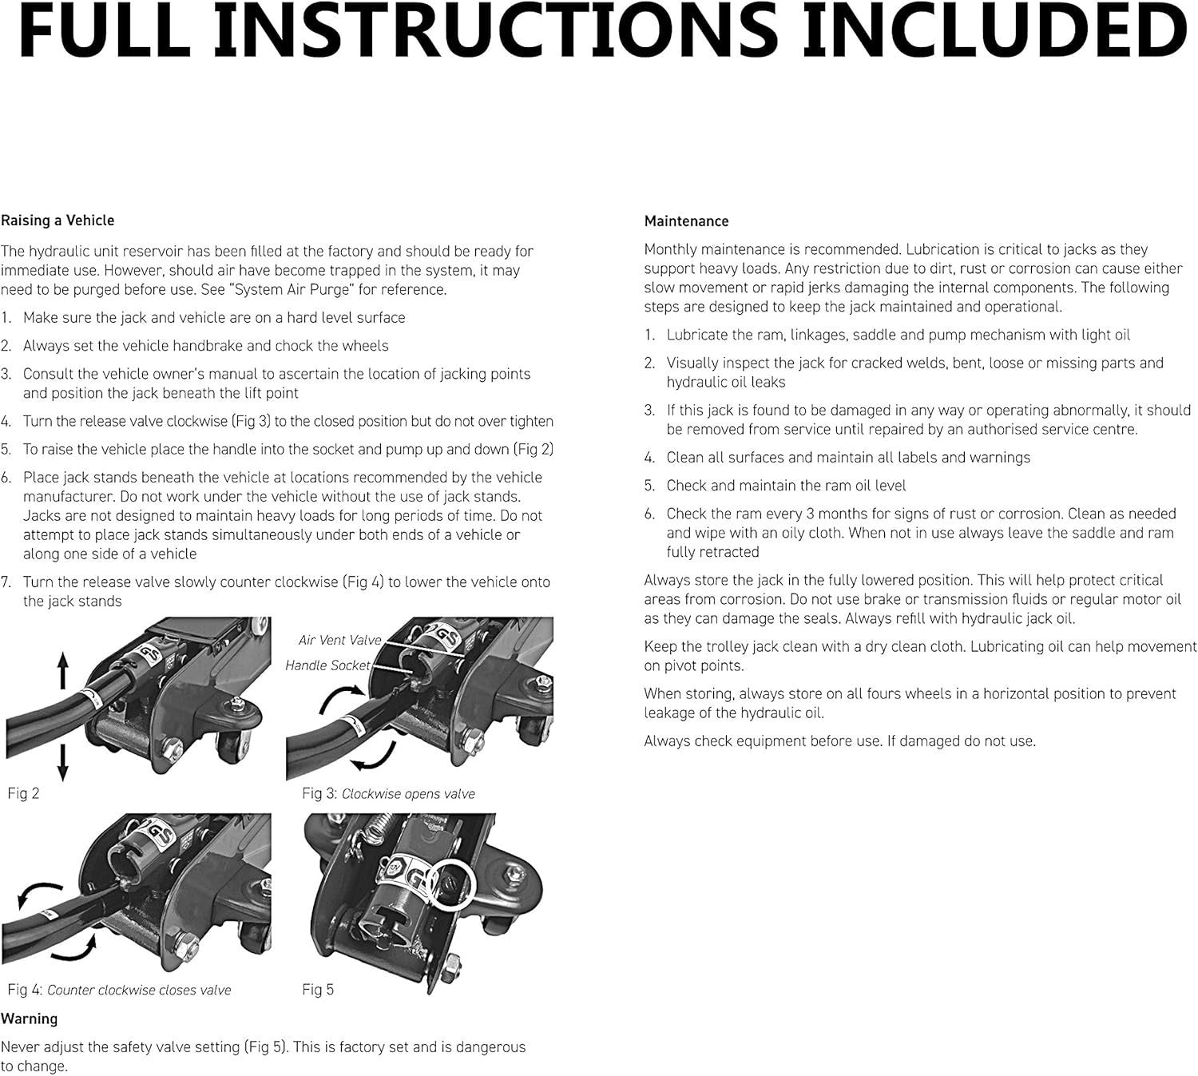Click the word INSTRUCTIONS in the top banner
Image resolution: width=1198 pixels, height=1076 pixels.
click(496, 31)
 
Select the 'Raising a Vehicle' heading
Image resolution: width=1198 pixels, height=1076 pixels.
click(58, 220)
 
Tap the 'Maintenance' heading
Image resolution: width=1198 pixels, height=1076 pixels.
click(686, 221)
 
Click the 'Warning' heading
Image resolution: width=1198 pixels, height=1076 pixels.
click(29, 1018)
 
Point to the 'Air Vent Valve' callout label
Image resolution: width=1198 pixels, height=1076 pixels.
click(339, 640)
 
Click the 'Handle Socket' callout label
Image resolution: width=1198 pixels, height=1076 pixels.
click(327, 665)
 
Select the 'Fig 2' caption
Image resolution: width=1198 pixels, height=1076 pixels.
click(23, 793)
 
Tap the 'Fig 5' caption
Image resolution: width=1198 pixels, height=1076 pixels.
click(318, 990)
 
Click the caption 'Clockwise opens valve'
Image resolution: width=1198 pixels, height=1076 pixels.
click(408, 794)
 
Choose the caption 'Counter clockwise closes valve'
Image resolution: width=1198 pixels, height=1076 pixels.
click(139, 991)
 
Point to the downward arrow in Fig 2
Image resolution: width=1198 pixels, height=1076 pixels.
click(62, 763)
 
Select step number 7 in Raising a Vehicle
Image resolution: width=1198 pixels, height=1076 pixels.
click(6, 582)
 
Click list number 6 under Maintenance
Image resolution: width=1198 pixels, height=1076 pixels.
click(650, 514)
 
